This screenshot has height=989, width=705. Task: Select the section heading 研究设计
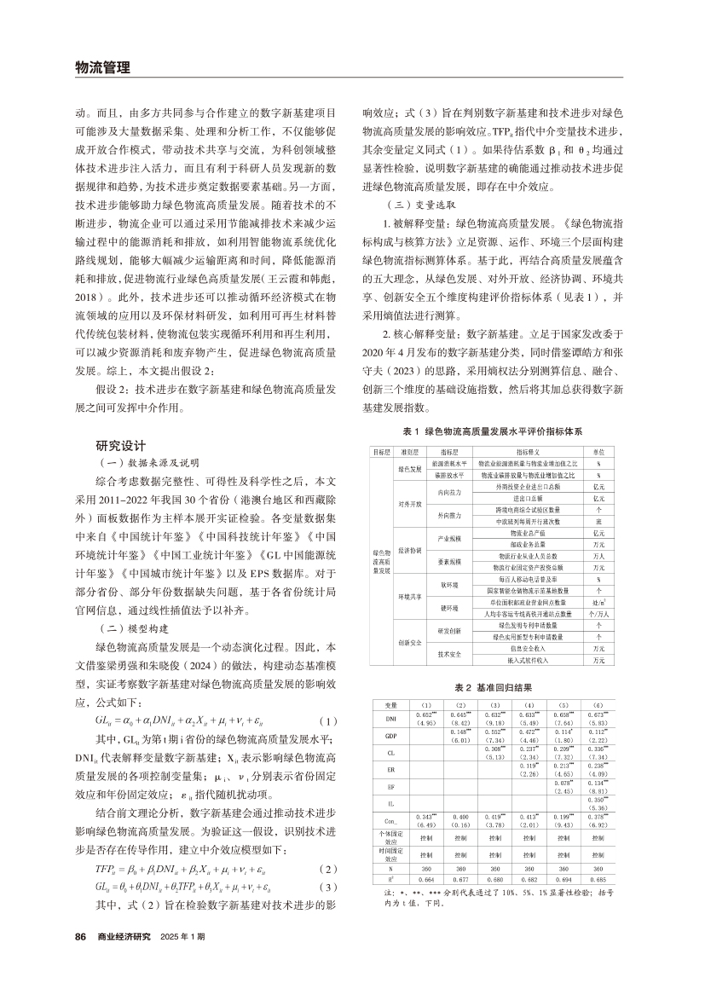coord(123,446)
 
